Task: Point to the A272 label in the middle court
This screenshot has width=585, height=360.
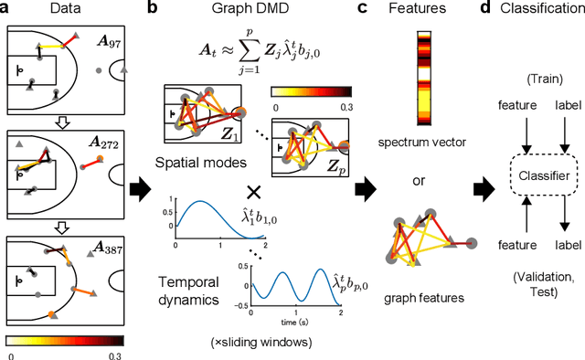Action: pyautogui.click(x=105, y=143)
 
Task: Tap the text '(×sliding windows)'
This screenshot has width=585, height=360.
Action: pyautogui.click(x=261, y=343)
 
